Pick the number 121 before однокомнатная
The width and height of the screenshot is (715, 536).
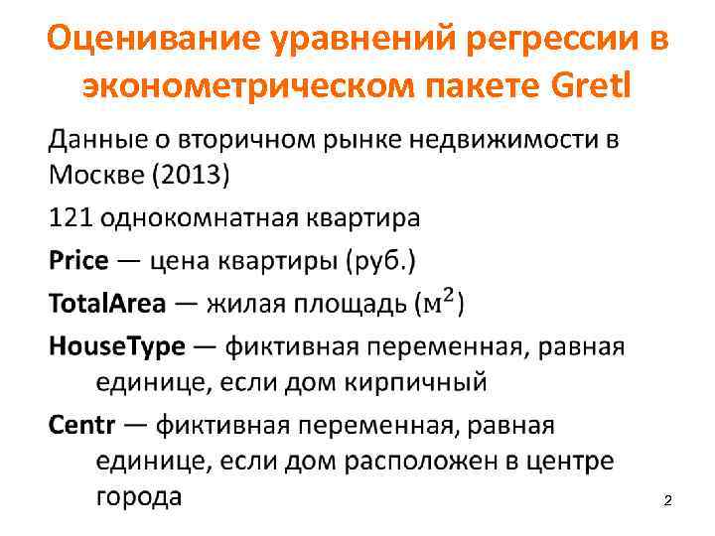coord(71,217)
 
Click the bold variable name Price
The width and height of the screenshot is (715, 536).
coord(78,261)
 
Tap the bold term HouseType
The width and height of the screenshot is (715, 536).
coord(117,347)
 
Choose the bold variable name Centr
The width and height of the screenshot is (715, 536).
coord(82,426)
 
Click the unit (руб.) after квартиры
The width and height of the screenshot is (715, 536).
coord(381,262)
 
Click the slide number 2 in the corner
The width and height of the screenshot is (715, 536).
coord(667,504)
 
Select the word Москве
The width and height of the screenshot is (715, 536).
coord(94,177)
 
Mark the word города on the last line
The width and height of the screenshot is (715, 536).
coord(138,496)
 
